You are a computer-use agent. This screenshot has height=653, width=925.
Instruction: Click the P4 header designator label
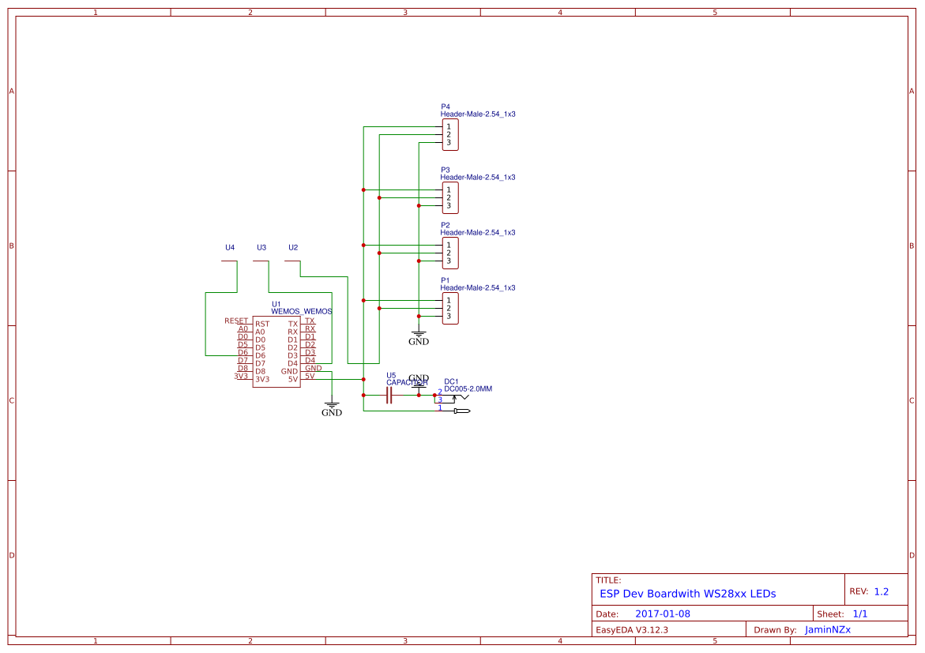click(x=445, y=107)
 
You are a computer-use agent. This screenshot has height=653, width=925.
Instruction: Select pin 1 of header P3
click(x=449, y=190)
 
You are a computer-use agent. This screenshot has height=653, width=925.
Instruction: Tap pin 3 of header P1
click(x=449, y=316)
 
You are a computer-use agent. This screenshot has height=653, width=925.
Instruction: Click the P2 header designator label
click(x=445, y=225)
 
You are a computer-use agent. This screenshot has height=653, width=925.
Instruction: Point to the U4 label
click(x=230, y=247)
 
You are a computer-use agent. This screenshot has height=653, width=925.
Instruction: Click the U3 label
click(x=261, y=247)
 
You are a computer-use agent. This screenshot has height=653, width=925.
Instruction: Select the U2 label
click(x=293, y=247)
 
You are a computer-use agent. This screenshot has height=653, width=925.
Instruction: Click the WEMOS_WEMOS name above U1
click(x=301, y=311)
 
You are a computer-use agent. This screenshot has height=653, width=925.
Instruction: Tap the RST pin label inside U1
click(x=261, y=324)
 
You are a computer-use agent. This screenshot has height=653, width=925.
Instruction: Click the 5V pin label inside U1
click(x=292, y=379)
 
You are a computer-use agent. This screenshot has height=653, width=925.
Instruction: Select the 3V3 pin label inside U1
click(x=261, y=379)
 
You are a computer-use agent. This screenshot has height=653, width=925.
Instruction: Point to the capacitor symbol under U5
click(x=389, y=396)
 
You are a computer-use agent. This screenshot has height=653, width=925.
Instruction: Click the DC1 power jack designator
click(x=451, y=381)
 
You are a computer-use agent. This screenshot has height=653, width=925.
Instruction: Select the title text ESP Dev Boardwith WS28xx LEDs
click(x=687, y=594)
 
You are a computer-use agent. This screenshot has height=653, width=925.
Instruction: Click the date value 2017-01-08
click(x=662, y=614)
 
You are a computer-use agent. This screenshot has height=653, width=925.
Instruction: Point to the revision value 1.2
click(x=882, y=591)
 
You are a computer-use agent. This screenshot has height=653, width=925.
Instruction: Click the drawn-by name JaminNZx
click(x=827, y=630)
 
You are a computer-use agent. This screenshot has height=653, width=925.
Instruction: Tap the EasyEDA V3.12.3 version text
click(x=632, y=630)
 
